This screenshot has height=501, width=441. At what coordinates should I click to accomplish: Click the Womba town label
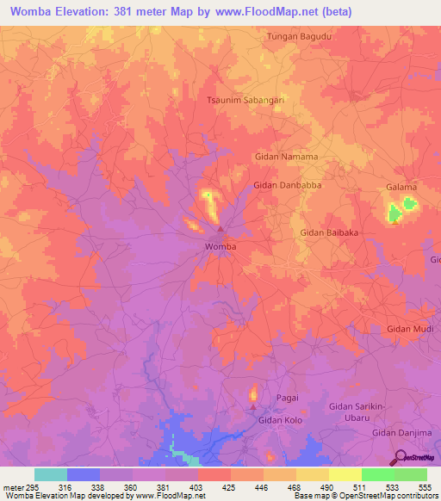220,246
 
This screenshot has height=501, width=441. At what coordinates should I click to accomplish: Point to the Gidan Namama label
286,157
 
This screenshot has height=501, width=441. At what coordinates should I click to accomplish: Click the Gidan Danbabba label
288,185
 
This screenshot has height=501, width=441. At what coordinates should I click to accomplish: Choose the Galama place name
401,187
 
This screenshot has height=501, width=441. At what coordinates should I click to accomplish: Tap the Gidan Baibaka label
328,232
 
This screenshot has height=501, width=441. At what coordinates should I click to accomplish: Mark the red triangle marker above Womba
220,229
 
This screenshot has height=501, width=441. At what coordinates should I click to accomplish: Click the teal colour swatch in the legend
51,474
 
